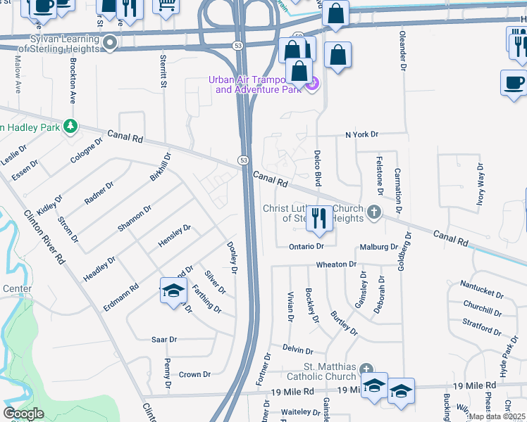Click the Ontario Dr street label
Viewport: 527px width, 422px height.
(306, 247)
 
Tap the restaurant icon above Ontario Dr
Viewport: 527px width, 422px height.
(319, 219)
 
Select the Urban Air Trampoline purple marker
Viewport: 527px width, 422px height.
(313, 85)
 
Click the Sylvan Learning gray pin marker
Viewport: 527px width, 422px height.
(109, 44)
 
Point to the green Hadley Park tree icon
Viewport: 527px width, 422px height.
(70, 127)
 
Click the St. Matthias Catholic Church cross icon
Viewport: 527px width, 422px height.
(365, 370)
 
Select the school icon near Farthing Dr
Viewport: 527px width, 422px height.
(173, 290)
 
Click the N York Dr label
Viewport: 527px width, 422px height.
(361, 134)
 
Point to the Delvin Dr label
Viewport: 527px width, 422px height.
(298, 350)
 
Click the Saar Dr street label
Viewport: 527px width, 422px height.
(164, 339)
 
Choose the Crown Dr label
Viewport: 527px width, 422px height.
(194, 375)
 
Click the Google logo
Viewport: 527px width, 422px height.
(23, 414)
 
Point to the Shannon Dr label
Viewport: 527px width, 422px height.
(135, 218)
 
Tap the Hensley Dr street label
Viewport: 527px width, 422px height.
(175, 235)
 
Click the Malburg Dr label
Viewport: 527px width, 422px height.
(379, 247)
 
